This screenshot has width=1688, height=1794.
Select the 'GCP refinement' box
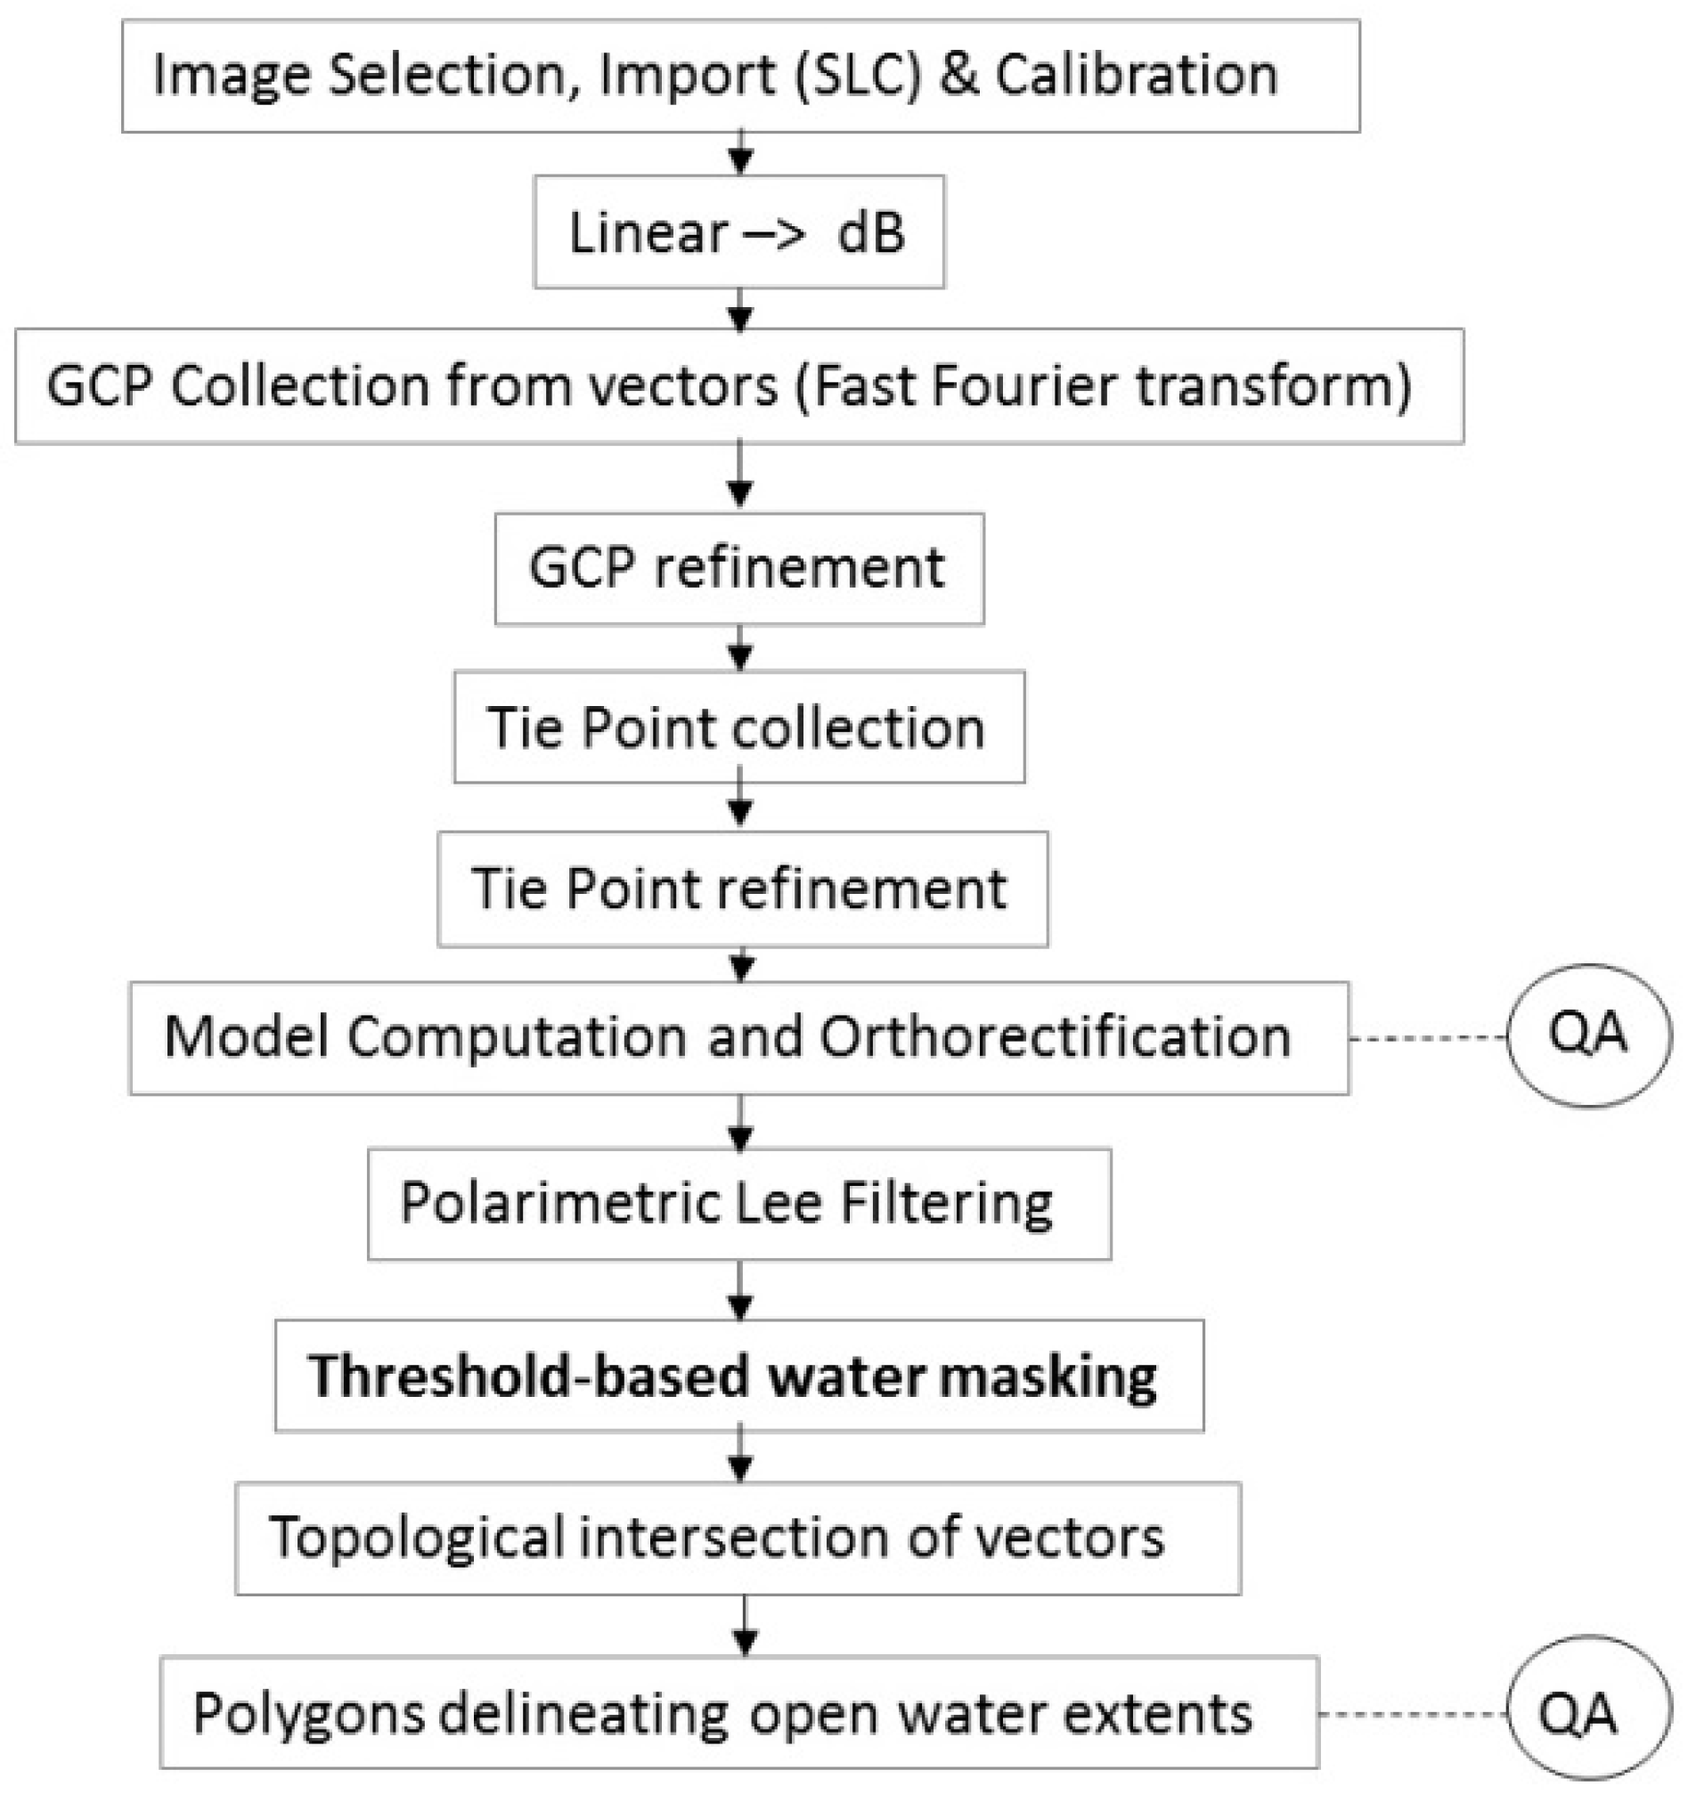click(738, 569)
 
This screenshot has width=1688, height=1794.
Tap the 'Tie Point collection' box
click(738, 727)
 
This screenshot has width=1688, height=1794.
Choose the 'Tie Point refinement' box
click(742, 889)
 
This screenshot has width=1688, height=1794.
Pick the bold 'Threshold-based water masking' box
click(738, 1376)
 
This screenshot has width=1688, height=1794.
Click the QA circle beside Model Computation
click(1588, 1036)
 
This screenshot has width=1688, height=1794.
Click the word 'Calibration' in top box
click(1137, 75)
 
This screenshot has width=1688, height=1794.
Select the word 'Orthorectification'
click(1054, 1037)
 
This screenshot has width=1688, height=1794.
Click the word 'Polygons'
click(309, 1713)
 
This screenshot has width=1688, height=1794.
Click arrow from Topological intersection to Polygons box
click(744, 1624)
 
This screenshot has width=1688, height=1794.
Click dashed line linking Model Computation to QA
click(1428, 1039)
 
